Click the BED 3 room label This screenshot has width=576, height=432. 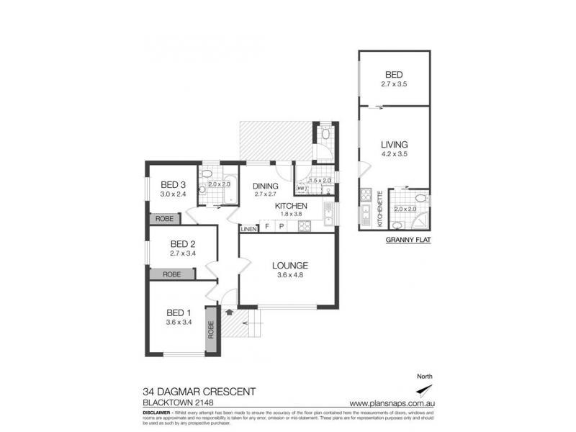[x=174, y=184]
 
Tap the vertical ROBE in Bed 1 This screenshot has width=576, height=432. [x=212, y=330]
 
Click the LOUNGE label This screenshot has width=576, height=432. [x=291, y=264]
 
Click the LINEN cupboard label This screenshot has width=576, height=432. [x=248, y=229]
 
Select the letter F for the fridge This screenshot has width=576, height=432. [x=267, y=228]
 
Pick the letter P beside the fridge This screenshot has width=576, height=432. [x=282, y=228]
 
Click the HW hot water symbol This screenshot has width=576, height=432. [x=301, y=189]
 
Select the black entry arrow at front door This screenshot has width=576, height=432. [x=229, y=312]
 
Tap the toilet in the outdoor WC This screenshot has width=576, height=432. [x=325, y=134]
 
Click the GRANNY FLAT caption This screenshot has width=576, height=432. [x=408, y=240]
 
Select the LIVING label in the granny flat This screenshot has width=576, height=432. [x=395, y=144]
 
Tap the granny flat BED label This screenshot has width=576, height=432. [x=394, y=74]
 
